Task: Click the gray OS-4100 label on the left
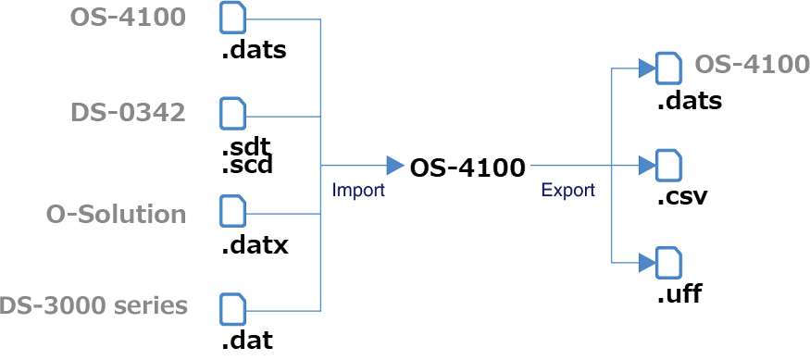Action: (x=128, y=18)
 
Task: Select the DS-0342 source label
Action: (x=128, y=113)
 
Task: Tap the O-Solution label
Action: (x=116, y=214)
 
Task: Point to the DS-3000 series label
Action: (x=93, y=305)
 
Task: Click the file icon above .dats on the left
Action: (x=233, y=19)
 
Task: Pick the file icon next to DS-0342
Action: (x=233, y=114)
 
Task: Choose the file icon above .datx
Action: (x=233, y=212)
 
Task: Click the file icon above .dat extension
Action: (x=233, y=309)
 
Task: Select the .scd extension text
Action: (x=246, y=167)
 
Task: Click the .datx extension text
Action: (x=255, y=245)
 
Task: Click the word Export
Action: (x=567, y=191)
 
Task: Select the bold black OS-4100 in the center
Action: (x=467, y=168)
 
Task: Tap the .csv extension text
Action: (x=681, y=196)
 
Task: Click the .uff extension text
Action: (x=679, y=294)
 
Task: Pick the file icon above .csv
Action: (x=668, y=166)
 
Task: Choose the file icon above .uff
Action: (x=668, y=263)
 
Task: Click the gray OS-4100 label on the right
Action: (x=753, y=65)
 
